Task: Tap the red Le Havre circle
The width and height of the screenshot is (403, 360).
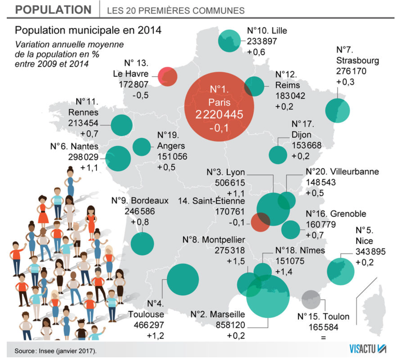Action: [168, 76]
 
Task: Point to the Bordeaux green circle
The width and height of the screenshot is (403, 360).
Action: [142, 243]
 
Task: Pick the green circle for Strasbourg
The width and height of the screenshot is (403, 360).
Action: [337, 110]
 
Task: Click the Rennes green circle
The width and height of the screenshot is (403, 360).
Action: [121, 125]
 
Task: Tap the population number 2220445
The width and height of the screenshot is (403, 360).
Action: [219, 114]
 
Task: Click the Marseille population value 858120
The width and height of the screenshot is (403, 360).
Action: [230, 325]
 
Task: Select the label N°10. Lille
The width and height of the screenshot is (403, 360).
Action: [267, 31]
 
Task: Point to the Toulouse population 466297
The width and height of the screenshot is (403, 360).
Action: [149, 325]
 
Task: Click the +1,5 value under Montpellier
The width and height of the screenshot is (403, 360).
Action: [236, 261]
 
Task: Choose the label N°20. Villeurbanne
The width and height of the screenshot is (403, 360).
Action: [342, 172]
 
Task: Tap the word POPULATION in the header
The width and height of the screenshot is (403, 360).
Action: [53, 10]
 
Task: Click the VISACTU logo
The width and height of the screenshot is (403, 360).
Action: [368, 349]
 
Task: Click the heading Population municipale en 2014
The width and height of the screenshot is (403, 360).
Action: [88, 30]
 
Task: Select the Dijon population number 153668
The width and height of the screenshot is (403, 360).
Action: [306, 146]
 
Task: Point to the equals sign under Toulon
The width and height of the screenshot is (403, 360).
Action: [323, 337]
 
